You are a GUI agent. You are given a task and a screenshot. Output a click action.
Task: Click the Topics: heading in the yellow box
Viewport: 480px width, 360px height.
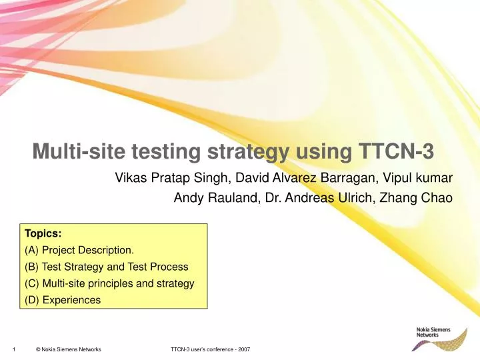43,234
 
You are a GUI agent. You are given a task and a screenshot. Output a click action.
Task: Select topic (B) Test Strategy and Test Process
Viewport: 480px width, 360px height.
107,267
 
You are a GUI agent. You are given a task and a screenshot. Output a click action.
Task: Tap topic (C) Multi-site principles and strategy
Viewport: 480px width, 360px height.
109,283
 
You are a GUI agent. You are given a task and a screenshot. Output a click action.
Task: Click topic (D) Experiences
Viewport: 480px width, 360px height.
63,300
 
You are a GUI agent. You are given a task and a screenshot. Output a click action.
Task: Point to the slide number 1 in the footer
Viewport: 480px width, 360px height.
13,349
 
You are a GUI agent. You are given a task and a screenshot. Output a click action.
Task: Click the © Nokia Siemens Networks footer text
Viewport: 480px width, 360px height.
68,349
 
